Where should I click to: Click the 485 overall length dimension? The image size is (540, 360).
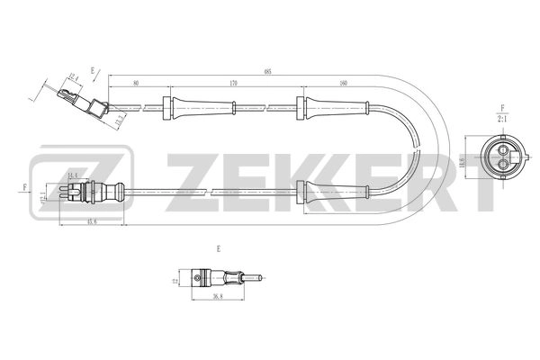pyautogui.click(x=268, y=70)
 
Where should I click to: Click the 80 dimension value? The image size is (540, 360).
pyautogui.click(x=136, y=84)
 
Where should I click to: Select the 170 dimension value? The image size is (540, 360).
pyautogui.click(x=233, y=84)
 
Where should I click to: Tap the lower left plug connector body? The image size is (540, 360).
pyautogui.click(x=90, y=191)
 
